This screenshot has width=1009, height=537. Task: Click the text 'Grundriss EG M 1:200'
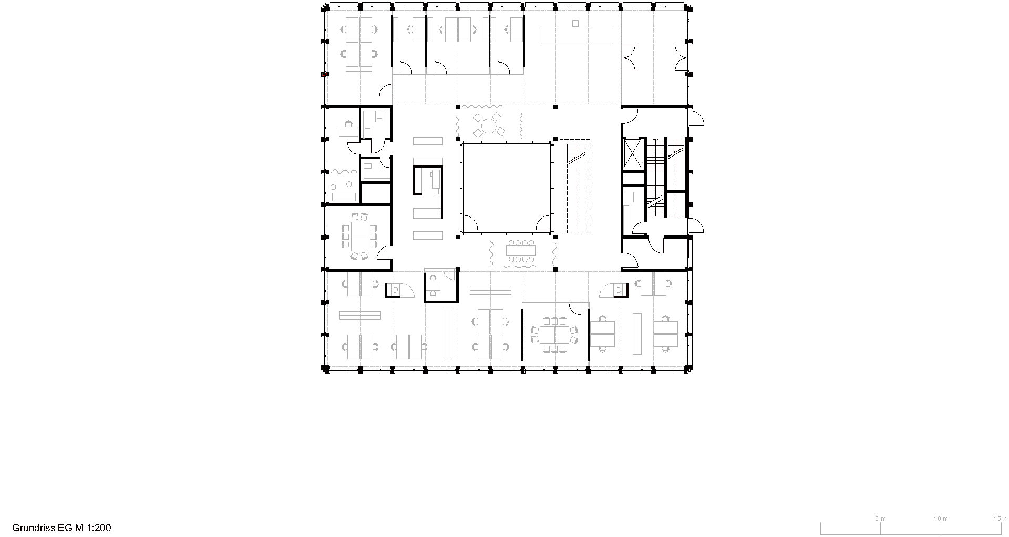pyautogui.click(x=61, y=528)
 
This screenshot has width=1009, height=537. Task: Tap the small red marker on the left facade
pyautogui.click(x=326, y=74)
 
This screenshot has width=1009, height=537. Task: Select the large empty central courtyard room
pyautogui.click(x=506, y=188)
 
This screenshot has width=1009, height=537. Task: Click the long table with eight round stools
pyautogui.click(x=520, y=251)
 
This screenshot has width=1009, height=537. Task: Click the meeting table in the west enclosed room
pyautogui.click(x=359, y=236)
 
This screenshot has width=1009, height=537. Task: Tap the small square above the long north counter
pyautogui.click(x=575, y=23)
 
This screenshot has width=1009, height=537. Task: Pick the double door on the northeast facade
pyautogui.click(x=681, y=58)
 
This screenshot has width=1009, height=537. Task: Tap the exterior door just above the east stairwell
pyautogui.click(x=696, y=119)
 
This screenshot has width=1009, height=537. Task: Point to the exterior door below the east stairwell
pyautogui.click(x=696, y=225)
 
